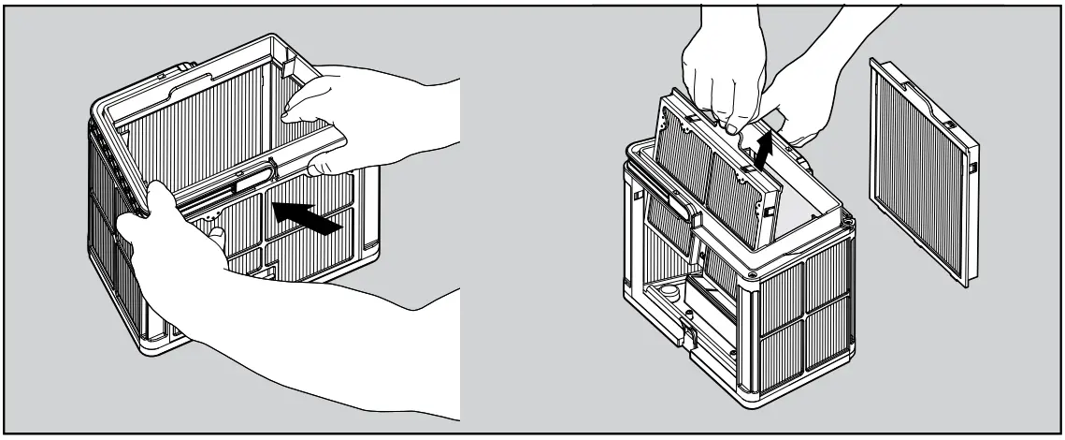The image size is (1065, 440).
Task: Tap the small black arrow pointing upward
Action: pyautogui.click(x=764, y=151)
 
